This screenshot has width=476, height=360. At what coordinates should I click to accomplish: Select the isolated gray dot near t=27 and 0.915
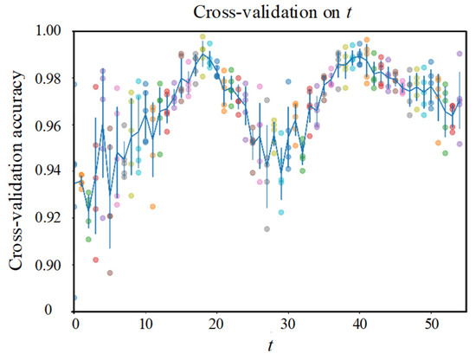[267, 229]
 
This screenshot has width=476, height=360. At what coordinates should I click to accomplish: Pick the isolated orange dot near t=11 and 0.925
[153, 207]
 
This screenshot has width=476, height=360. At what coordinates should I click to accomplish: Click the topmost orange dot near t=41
[367, 40]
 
